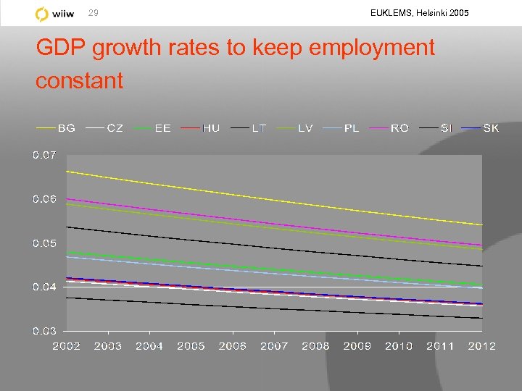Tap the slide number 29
click(x=93, y=13)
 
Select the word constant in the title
click(x=80, y=80)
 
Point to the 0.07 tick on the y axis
click(x=43, y=154)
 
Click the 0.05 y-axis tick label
click(x=43, y=243)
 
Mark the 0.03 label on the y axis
click(x=43, y=331)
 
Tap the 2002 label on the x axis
click(x=66, y=346)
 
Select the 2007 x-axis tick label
click(x=274, y=346)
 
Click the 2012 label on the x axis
click(x=482, y=346)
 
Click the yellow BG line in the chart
click(x=274, y=198)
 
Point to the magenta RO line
click(x=274, y=223)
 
